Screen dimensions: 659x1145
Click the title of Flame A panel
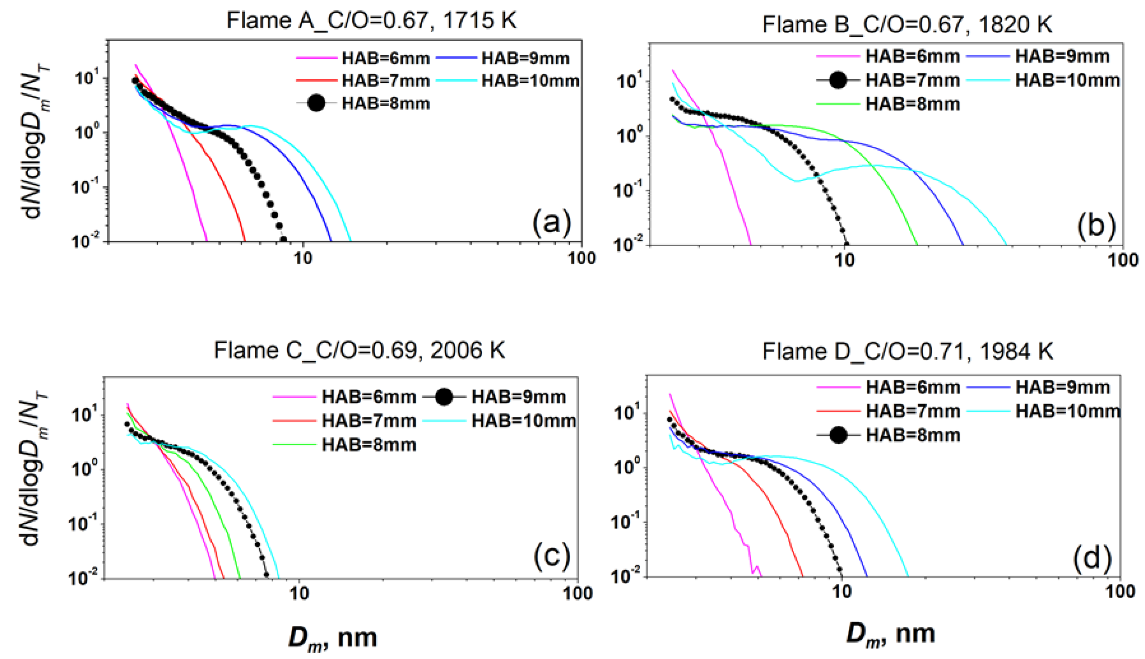tap(371, 21)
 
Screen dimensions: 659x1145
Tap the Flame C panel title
tap(359, 351)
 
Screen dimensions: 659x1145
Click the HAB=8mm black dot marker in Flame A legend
tap(316, 103)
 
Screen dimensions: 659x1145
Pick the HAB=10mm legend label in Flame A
tap(530, 81)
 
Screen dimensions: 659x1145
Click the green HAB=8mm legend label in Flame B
tap(912, 104)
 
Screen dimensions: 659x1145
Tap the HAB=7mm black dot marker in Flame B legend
tap(838, 81)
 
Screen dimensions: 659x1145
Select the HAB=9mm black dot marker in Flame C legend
tap(444, 397)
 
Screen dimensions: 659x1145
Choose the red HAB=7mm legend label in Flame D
tap(912, 411)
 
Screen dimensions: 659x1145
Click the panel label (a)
tap(552, 223)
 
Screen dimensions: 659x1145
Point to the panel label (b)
tap(1096, 226)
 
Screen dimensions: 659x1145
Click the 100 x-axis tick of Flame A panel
tap(581, 258)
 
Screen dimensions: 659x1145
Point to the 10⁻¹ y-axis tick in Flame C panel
tap(83, 523)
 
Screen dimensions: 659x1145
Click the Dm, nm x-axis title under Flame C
tap(333, 637)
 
